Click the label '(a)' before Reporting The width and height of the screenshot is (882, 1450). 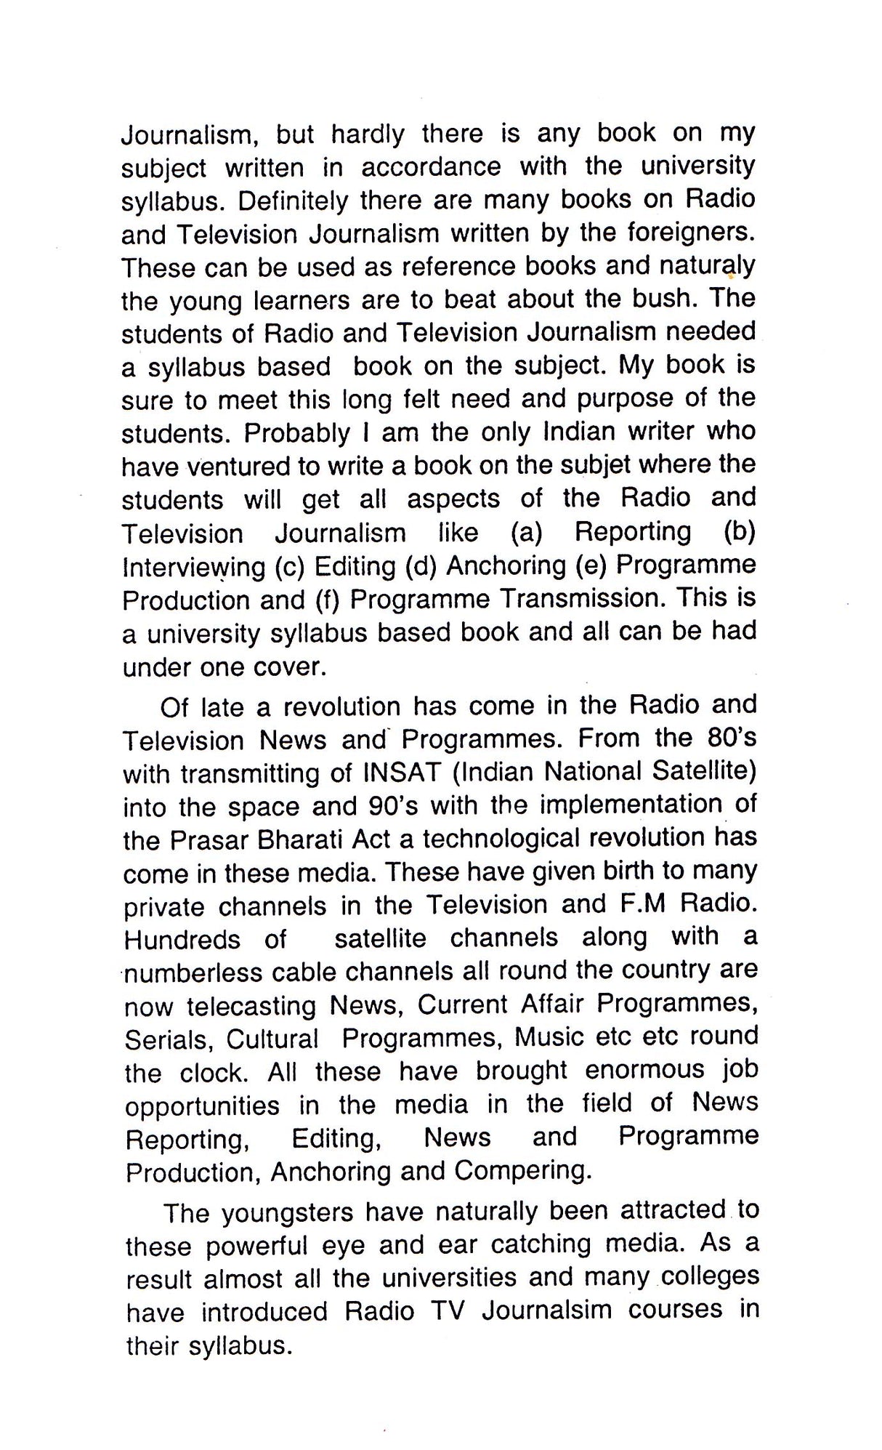point(527,533)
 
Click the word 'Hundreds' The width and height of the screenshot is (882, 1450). point(182,940)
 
